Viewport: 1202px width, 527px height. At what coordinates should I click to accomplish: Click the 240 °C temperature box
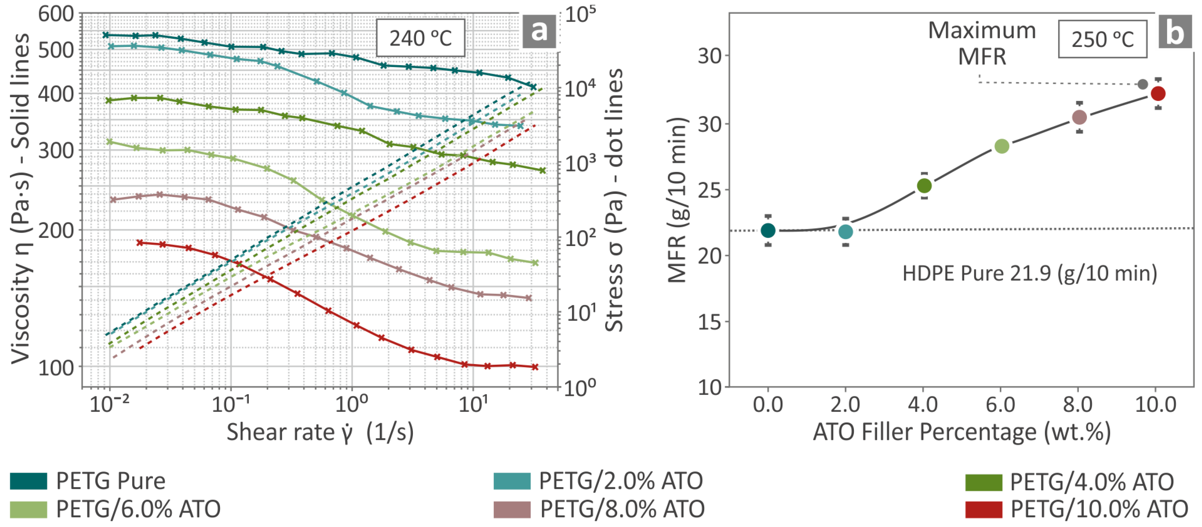point(420,38)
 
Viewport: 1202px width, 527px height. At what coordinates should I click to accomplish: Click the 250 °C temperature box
point(1102,39)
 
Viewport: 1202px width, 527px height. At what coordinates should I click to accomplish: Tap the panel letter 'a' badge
point(539,31)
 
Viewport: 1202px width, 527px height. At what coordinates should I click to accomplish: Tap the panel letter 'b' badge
point(1175,32)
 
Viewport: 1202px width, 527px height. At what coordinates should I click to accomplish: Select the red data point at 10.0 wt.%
point(1158,93)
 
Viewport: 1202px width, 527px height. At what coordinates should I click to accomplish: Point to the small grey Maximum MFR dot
point(1143,84)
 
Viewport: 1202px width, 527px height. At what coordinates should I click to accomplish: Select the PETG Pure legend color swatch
point(28,481)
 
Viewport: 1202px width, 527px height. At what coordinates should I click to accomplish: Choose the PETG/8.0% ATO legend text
point(622,509)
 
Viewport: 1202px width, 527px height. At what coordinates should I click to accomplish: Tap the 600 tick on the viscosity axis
point(56,14)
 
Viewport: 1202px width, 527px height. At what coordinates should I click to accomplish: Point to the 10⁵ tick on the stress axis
point(580,14)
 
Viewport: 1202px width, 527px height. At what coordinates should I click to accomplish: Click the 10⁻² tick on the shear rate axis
point(109,404)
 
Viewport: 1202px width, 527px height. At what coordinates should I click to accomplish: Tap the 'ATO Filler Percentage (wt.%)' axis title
point(962,432)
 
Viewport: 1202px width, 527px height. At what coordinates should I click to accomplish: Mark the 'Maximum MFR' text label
point(982,43)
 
